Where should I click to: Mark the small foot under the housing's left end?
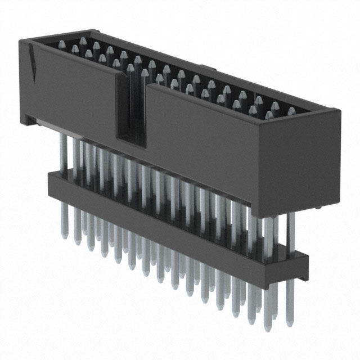pyautogui.click(x=28, y=119)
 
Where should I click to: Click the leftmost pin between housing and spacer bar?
pyautogui.click(x=64, y=152)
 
